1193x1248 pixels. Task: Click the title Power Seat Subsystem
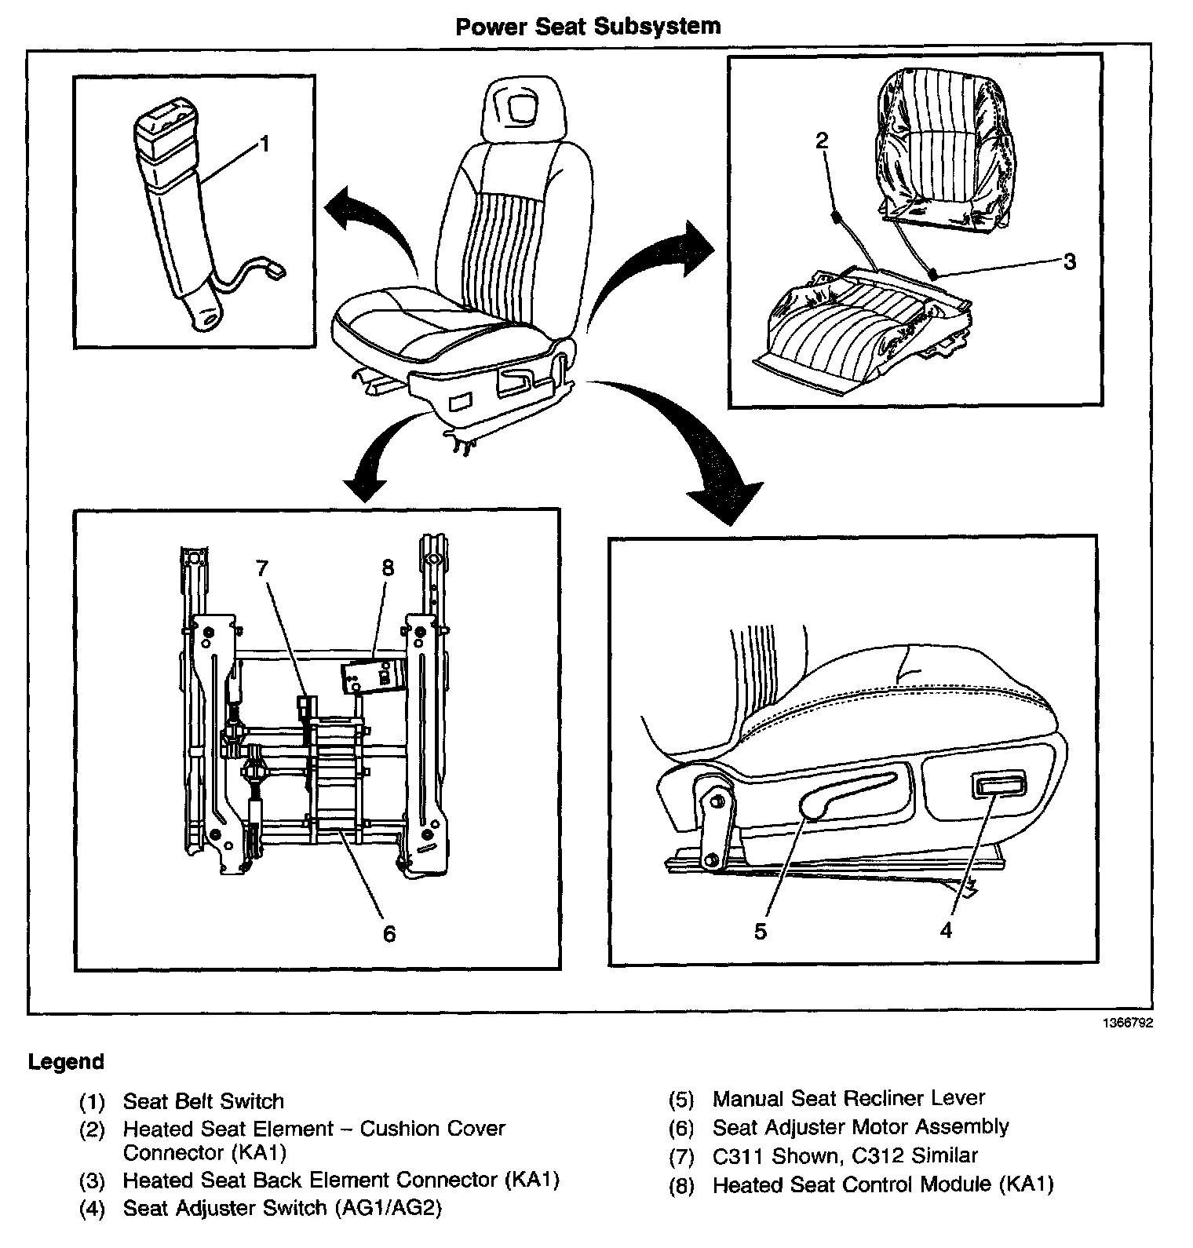point(588,26)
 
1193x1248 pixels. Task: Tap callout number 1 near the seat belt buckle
point(265,144)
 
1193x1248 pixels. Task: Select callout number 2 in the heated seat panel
point(821,140)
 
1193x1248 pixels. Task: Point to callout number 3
point(1069,261)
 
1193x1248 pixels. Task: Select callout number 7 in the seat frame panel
point(263,567)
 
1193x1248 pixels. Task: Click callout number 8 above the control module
point(387,567)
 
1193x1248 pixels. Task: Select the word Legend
point(66,1062)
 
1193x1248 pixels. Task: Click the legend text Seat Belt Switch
point(203,1101)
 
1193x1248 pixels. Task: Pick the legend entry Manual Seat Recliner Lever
point(848,1098)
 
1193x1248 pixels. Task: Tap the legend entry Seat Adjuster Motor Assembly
point(860,1127)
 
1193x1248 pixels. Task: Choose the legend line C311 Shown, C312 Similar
point(845,1155)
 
